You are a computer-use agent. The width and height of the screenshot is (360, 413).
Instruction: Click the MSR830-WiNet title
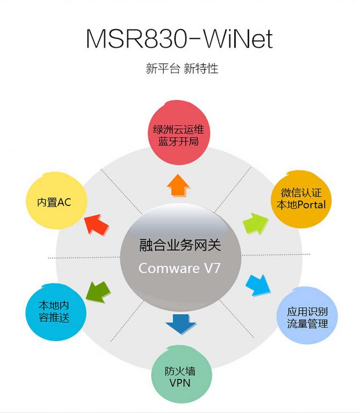point(179,39)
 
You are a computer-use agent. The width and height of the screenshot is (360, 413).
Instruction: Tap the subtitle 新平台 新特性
point(182,69)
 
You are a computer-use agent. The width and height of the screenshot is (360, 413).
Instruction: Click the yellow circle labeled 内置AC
point(55,201)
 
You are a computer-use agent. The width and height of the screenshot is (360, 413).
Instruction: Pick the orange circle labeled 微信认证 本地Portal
point(301,199)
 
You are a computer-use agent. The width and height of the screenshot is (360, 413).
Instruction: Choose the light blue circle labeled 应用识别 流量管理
point(307,318)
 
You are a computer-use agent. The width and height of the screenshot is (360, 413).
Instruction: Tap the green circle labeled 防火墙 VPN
point(181,376)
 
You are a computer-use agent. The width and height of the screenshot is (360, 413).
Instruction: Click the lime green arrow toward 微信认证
point(256,223)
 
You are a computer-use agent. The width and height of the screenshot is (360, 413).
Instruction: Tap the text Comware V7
point(180,268)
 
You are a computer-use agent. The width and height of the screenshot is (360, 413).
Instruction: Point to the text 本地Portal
point(301,205)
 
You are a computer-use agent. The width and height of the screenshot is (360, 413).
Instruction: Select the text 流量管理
point(308,324)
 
